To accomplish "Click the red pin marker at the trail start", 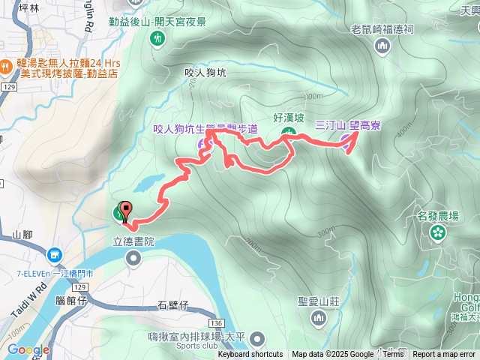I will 125,211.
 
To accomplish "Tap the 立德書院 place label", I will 133,241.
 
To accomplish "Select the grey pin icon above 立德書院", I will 133,259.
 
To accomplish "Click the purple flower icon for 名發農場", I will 436,232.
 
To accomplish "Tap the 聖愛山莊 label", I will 319,301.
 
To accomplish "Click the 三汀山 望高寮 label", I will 347,125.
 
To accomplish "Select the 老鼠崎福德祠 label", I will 382,30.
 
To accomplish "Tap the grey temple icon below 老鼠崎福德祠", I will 383,46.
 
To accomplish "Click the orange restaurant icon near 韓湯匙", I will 5,65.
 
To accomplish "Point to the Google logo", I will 28,349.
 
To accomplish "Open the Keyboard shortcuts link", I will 250,355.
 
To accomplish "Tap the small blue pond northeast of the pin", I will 150,182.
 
